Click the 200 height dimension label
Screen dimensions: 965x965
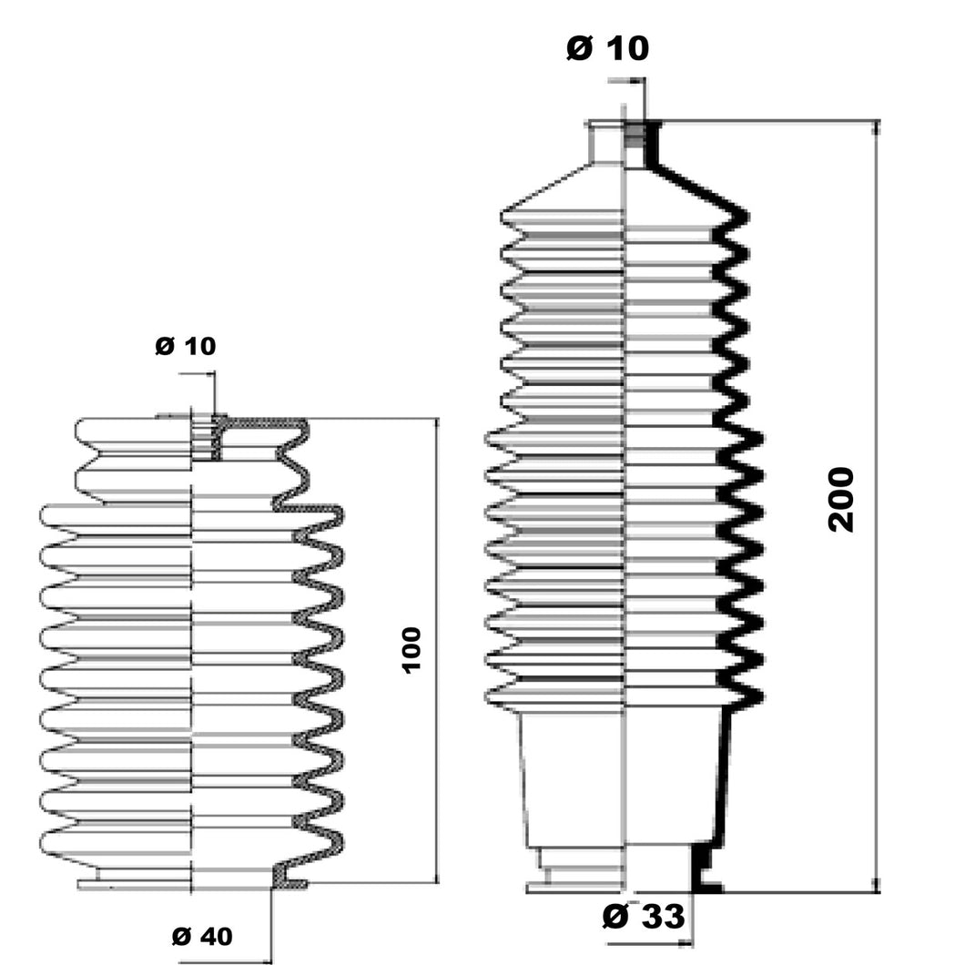[x=841, y=499]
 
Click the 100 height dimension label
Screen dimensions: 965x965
[x=411, y=649]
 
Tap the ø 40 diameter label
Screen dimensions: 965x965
[x=202, y=935]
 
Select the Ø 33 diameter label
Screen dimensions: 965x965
[x=643, y=916]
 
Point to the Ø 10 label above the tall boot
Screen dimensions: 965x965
[x=607, y=48]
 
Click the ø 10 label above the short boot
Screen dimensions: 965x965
[x=186, y=346]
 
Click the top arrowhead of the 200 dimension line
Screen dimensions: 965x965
[x=876, y=127]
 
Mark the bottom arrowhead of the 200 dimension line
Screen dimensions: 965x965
[x=876, y=885]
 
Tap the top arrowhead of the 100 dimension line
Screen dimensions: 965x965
[x=438, y=425]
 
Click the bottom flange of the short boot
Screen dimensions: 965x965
[x=137, y=882]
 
